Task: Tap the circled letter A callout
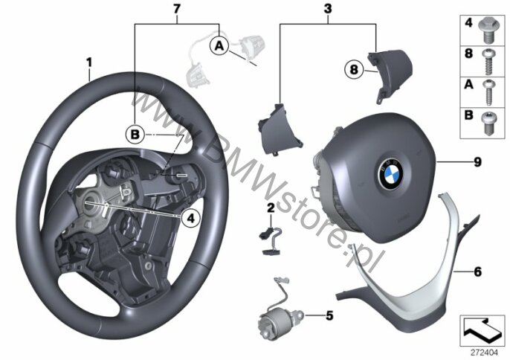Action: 220,46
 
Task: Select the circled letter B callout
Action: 135,135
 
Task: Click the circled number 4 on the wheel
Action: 191,218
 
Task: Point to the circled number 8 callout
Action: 354,69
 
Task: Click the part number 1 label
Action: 88,62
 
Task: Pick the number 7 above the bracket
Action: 177,9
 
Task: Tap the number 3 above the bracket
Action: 328,9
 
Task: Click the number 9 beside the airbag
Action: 477,162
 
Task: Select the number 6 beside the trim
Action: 477,271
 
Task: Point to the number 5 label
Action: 329,315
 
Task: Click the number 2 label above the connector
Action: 271,208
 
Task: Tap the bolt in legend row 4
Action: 487,30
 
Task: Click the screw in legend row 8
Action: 488,62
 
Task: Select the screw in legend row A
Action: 488,92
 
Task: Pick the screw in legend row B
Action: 488,123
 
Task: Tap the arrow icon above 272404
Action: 482,331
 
